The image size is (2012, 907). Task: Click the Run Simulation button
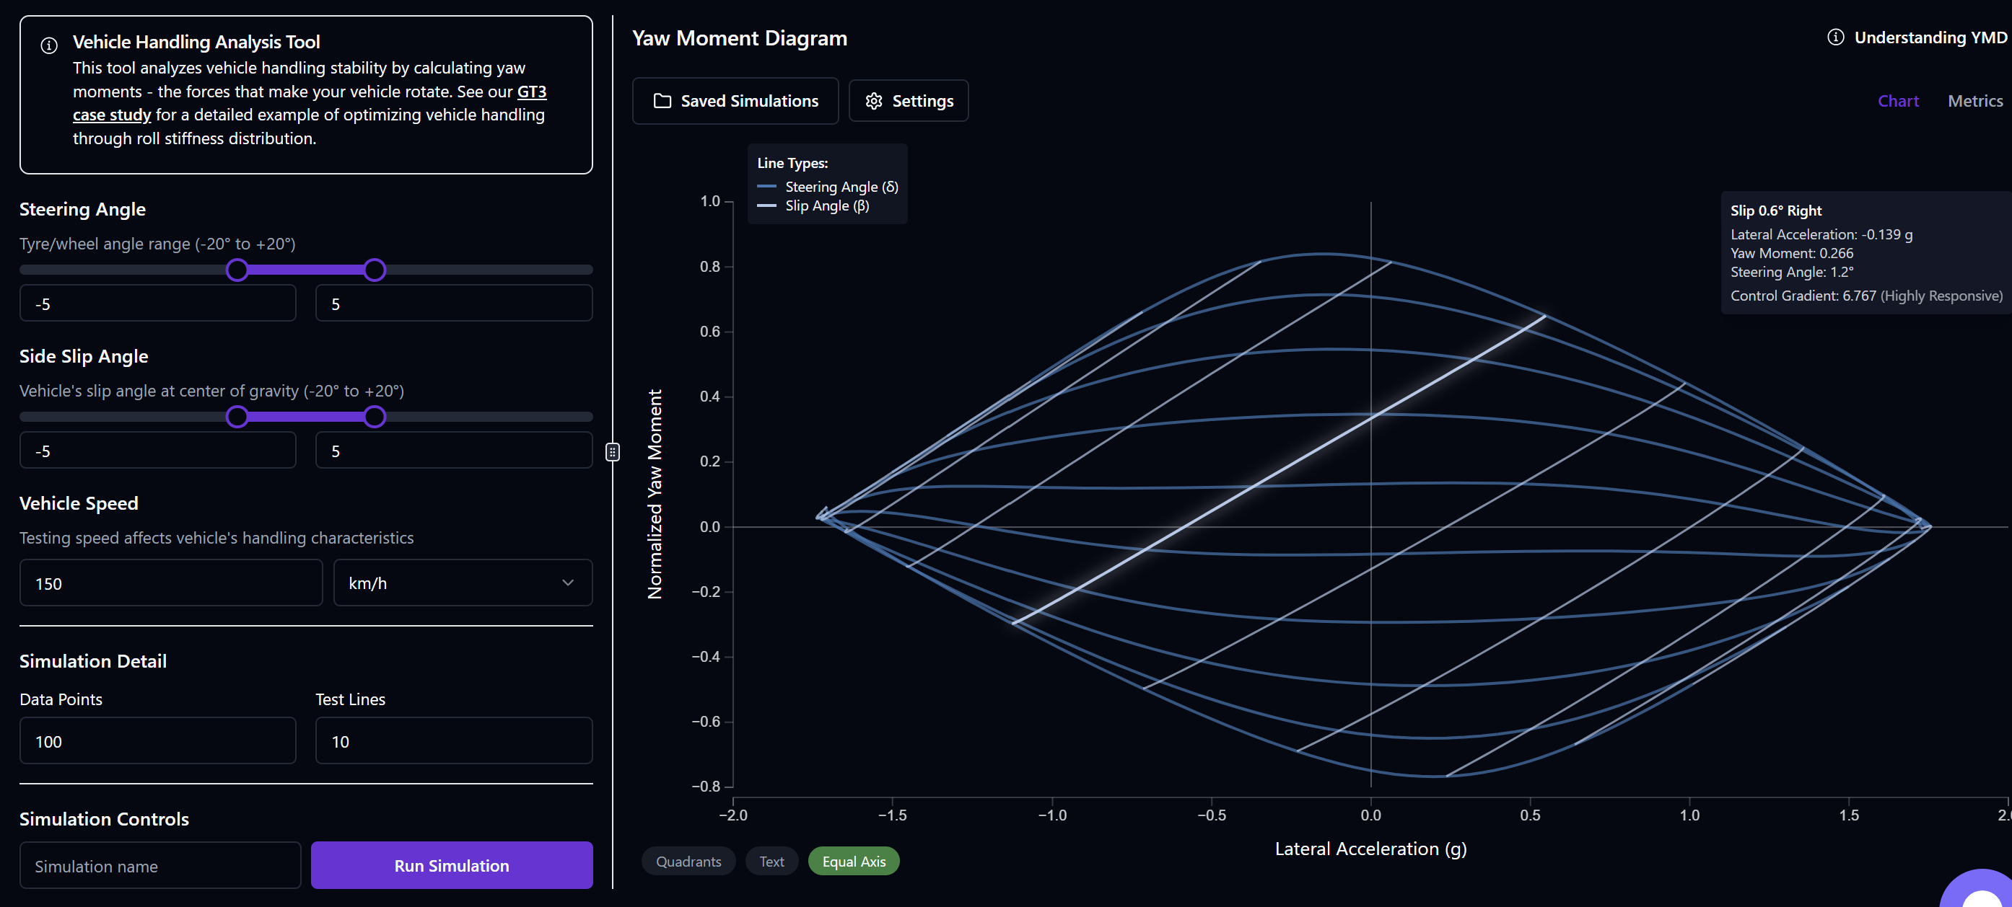452,865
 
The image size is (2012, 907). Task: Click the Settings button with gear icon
909,101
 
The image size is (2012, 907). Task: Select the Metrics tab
1974,101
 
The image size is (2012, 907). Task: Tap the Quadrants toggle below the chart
688,861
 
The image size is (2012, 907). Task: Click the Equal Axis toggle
853,861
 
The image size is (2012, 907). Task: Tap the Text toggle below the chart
771,861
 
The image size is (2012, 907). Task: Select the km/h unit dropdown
463,583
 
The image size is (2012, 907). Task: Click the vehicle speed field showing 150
170,583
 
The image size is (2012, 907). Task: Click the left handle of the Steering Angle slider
237,270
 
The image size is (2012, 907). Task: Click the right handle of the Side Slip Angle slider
375,417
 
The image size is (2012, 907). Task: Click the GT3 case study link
531,92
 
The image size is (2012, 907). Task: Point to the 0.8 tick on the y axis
710,267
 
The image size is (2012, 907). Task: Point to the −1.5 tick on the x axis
892,814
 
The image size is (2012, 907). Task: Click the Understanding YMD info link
1917,37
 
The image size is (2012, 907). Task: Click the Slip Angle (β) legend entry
826,206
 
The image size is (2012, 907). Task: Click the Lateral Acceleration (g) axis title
1370,849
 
